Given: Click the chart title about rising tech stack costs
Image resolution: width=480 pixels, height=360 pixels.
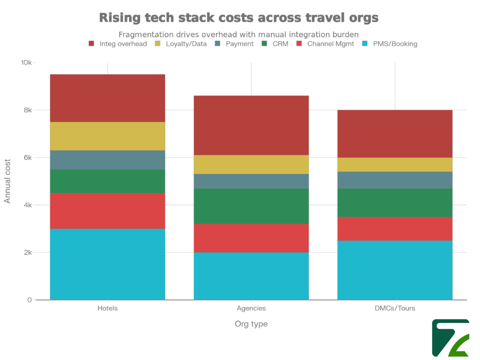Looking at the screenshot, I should [x=239, y=18].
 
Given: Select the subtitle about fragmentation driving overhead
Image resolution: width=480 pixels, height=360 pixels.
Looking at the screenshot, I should [x=239, y=34].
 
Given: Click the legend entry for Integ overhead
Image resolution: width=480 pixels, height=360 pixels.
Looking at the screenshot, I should [x=118, y=44].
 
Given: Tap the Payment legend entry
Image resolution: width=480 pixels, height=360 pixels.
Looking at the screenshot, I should [x=234, y=44].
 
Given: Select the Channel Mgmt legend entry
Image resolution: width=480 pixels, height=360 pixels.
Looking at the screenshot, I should [x=325, y=44].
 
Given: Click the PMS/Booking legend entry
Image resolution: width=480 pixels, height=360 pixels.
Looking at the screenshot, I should [x=390, y=44].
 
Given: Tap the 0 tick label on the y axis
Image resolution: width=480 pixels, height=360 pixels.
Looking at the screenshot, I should [x=30, y=300].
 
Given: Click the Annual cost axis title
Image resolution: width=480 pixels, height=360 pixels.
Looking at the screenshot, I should [x=7, y=181].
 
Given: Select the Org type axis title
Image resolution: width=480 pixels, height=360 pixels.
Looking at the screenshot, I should [x=251, y=324].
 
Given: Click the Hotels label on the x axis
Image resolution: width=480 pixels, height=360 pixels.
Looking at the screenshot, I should [x=107, y=308].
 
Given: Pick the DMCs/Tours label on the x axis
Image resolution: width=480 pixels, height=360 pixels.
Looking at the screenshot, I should [x=395, y=308].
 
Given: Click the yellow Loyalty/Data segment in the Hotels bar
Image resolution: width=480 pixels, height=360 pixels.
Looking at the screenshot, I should [x=107, y=136].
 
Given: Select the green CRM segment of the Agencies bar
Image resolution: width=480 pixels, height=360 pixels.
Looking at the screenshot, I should [x=251, y=206].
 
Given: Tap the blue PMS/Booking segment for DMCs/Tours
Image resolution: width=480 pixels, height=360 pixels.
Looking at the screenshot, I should [x=395, y=270].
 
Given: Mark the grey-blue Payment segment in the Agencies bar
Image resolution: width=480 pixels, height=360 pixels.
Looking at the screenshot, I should [x=251, y=181].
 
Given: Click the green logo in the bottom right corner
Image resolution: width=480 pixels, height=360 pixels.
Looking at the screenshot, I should [x=450, y=337].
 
